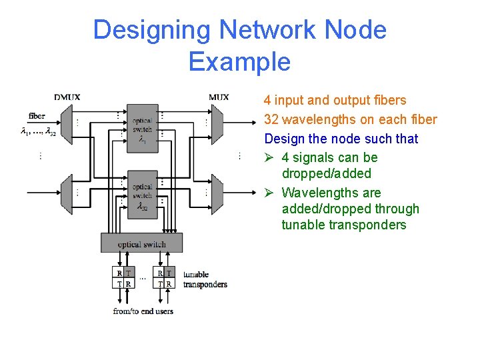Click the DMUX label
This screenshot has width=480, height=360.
coord(67,97)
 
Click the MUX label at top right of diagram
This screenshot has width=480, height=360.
coord(218,97)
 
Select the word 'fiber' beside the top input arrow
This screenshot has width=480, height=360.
coord(37,116)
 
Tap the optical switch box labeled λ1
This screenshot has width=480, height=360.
coord(142,127)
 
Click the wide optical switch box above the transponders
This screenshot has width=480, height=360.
coord(142,244)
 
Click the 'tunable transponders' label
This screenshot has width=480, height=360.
coord(205,279)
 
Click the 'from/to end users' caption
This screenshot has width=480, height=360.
coord(143,311)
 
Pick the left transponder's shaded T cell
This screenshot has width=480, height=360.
coord(127,273)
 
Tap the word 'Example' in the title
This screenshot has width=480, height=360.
coord(239,61)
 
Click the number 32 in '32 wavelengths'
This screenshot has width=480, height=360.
coord(271,120)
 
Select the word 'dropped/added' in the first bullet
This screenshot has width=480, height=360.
coord(326,173)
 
